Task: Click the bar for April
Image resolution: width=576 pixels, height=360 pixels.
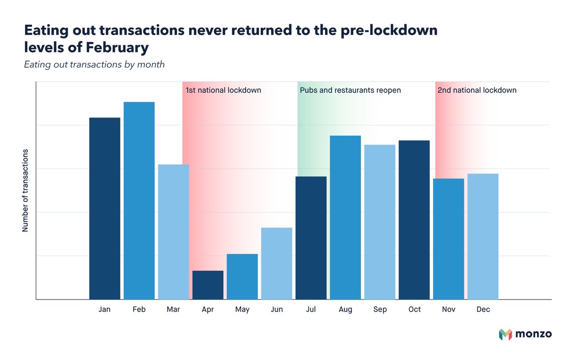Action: [x=208, y=285]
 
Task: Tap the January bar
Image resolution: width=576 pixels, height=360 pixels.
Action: [x=105, y=208]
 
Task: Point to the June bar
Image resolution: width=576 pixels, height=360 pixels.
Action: [x=276, y=264]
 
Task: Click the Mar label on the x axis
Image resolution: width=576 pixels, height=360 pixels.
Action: [x=173, y=310]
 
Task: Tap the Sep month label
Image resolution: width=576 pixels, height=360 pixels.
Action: [x=380, y=310]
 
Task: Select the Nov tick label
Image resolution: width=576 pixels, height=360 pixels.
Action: [x=449, y=310]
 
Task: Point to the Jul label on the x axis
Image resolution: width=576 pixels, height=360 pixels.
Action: [x=311, y=310]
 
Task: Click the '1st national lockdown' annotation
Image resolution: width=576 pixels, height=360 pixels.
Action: [x=223, y=90]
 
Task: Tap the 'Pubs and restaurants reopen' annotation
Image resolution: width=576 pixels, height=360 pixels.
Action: [x=350, y=90]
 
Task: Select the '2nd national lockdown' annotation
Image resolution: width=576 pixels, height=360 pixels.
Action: [x=477, y=90]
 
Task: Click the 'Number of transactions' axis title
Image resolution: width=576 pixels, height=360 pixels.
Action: [x=25, y=191]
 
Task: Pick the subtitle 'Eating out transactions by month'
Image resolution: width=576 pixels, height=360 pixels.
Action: [x=94, y=64]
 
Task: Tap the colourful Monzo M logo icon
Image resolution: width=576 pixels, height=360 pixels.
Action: [x=505, y=335]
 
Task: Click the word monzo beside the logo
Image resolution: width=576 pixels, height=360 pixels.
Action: [x=534, y=335]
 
